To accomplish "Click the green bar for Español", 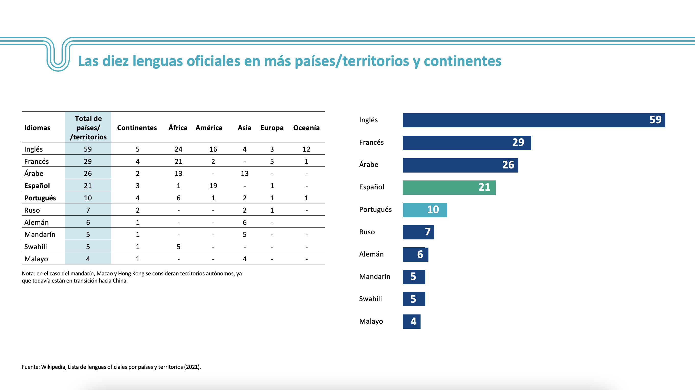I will click(449, 187).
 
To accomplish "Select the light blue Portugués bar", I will click(425, 210).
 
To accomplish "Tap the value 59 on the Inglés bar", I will click(655, 120).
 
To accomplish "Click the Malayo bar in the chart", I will click(411, 322).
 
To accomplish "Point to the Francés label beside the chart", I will click(371, 142).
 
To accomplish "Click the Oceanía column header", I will click(306, 128).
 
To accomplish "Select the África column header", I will click(178, 128).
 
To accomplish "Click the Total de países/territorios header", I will click(88, 128).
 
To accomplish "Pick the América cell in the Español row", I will click(213, 186).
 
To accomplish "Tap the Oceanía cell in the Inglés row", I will click(306, 149).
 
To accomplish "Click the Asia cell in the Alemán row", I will click(244, 223).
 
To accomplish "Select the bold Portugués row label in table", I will click(40, 198).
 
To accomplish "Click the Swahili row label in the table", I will click(35, 247).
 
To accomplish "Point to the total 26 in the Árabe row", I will click(88, 173).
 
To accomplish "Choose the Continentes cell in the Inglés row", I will click(138, 149).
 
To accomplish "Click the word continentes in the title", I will click(462, 61).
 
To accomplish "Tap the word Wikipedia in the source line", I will click(53, 367).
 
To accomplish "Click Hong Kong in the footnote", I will click(131, 274).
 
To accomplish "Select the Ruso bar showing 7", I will click(418, 232).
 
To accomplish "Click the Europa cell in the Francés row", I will click(272, 162).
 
